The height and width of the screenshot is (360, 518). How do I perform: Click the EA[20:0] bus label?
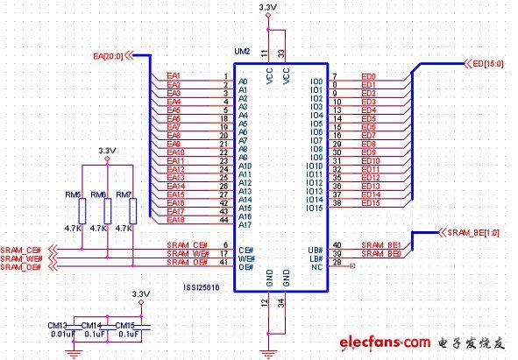(109, 56)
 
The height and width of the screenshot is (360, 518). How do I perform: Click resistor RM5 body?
(82, 210)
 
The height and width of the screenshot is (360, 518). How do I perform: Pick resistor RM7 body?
(133, 210)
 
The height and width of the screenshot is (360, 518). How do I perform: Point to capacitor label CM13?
(59, 324)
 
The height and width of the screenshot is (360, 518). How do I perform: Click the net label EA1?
(174, 75)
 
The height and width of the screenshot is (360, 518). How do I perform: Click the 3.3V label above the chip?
(269, 8)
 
